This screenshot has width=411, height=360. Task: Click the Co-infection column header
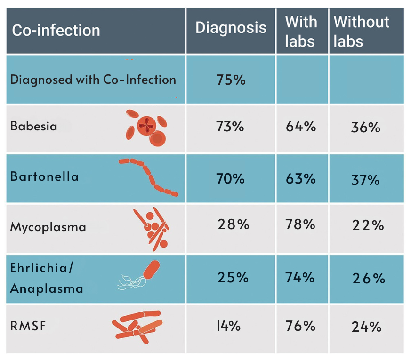point(56,31)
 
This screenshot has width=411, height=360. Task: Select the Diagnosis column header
point(231,28)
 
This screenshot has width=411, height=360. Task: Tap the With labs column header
point(301,32)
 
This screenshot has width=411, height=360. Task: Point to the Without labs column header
point(361,32)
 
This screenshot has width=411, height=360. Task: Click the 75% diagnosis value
point(231,80)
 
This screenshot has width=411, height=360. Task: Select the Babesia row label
point(34,127)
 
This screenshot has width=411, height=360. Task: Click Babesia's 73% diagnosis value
point(230,127)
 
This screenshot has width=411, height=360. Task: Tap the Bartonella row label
point(44,177)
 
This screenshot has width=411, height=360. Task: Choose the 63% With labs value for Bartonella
point(300,179)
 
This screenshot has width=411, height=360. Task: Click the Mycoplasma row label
point(48,227)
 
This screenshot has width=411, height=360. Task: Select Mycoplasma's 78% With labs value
point(300,224)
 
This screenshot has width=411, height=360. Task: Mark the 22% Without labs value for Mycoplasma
point(368,226)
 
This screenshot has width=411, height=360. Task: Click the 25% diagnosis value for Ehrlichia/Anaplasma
point(233,278)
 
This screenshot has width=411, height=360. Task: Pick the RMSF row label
point(28,326)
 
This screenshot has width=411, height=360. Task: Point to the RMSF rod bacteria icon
point(137,325)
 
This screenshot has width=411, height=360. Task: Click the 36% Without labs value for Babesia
point(365,128)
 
